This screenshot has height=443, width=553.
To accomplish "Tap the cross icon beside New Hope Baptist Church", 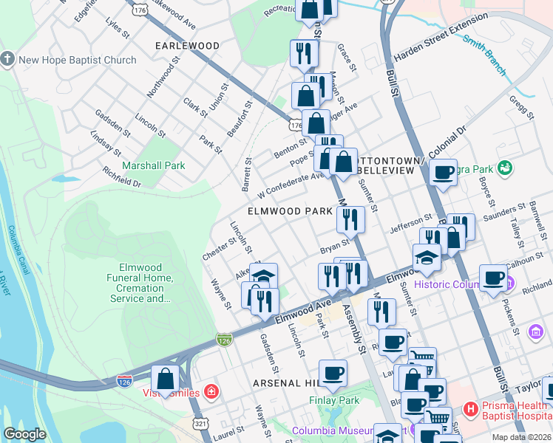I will tap(8, 59).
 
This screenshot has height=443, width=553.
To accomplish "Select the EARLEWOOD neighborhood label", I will tap(187, 46).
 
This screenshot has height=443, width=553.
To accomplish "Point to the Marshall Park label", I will tap(154, 165).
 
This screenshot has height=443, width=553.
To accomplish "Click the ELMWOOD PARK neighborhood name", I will tap(290, 211).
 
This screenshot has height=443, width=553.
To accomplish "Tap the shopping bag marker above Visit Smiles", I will tap(166, 378).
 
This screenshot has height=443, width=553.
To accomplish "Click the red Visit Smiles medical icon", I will tap(211, 391).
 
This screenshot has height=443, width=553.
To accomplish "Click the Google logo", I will tap(24, 434).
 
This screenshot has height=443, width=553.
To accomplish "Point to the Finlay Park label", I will tap(333, 400).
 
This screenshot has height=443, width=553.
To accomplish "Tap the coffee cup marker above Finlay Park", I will tap(333, 374).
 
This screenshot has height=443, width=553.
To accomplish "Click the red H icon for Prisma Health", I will tap(469, 408).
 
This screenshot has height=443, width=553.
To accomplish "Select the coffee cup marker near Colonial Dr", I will tap(443, 173).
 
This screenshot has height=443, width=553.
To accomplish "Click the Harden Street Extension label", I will tap(441, 44).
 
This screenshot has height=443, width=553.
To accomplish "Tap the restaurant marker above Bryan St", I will tap(350, 219).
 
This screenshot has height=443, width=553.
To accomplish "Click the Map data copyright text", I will tap(521, 436).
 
